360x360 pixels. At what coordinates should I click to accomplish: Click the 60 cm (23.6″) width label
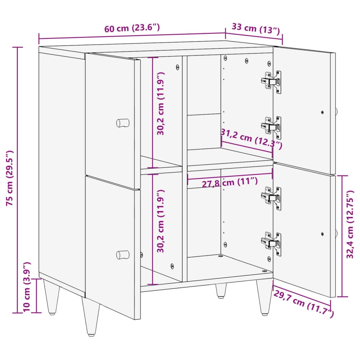[x=132, y=28]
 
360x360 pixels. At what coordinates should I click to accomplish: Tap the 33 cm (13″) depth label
[x=256, y=29]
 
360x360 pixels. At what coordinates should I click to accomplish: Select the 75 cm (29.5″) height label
[x=9, y=178]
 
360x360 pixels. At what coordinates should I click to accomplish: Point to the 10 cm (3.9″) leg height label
[x=27, y=287]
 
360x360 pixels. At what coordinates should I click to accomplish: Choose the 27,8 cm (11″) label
[x=230, y=182]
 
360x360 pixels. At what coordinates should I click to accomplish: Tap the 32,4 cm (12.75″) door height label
[x=350, y=224]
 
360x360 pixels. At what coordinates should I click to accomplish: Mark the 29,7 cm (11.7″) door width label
[x=303, y=303]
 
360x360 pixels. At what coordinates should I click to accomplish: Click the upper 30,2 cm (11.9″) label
[x=160, y=104]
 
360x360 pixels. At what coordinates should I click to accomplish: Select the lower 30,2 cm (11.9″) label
[x=160, y=221]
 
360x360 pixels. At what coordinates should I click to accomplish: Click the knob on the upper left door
[x=123, y=123]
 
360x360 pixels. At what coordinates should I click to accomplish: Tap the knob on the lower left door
[x=123, y=255]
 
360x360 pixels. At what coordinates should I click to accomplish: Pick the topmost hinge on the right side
[x=271, y=82]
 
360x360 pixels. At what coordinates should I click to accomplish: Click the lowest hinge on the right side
[x=271, y=244]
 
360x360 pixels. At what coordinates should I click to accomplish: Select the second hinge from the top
[x=271, y=128]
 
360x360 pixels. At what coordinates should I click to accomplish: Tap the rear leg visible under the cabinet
[x=221, y=291]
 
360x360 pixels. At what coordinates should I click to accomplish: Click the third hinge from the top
[x=271, y=198]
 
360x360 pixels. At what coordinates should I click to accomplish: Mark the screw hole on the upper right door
[x=322, y=112]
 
